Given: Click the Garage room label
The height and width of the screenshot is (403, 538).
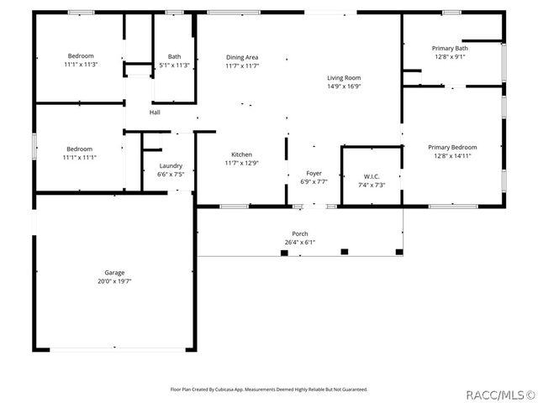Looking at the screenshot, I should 114,273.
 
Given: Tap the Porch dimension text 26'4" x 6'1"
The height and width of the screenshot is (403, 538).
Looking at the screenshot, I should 300,243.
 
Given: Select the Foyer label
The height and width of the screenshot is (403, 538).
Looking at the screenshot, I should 314,173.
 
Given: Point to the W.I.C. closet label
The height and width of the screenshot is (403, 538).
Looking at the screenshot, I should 371,176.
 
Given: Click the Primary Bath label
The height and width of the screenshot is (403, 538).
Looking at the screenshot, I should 450,49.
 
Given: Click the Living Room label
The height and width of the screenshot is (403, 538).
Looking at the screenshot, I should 344,77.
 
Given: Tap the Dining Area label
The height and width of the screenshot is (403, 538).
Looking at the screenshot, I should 242,57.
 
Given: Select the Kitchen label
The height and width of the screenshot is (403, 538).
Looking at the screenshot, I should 241,154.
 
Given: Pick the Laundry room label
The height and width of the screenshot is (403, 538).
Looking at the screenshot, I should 171,166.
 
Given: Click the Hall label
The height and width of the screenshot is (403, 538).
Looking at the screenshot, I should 155,113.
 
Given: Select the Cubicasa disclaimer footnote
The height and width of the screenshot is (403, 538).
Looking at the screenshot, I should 269,390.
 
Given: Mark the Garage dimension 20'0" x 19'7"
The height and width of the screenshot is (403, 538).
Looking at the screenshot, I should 114,281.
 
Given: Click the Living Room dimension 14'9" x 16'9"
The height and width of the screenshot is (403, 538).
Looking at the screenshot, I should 344,86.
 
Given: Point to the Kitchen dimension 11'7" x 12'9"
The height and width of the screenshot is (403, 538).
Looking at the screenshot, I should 241,163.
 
